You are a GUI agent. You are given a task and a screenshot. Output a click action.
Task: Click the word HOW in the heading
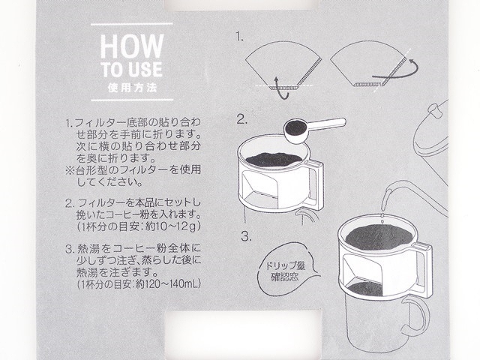tap(126, 46)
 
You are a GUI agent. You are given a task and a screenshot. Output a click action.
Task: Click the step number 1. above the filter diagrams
tap(240, 35)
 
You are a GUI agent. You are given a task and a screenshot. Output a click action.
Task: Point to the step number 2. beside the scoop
tap(241, 118)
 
